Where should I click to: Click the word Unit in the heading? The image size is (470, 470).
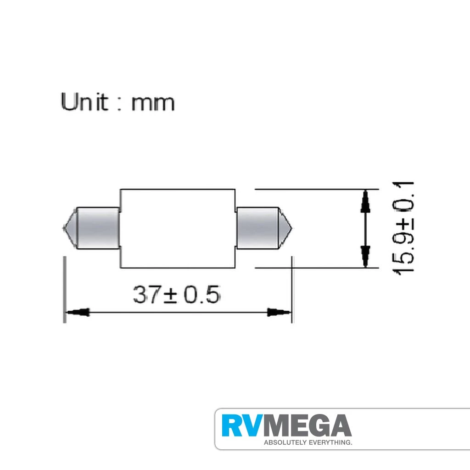pyautogui.click(x=84, y=102)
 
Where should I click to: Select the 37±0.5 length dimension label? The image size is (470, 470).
pyautogui.click(x=177, y=294)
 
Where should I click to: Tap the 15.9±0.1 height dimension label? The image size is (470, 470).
pyautogui.click(x=403, y=228)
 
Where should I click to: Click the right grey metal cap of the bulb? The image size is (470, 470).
pyautogui.click(x=258, y=228)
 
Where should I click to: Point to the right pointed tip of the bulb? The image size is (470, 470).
pyautogui.click(x=292, y=229)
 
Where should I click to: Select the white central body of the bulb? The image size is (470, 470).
pyautogui.click(x=178, y=229)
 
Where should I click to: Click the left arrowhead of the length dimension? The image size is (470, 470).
pyautogui.click(x=77, y=312)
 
